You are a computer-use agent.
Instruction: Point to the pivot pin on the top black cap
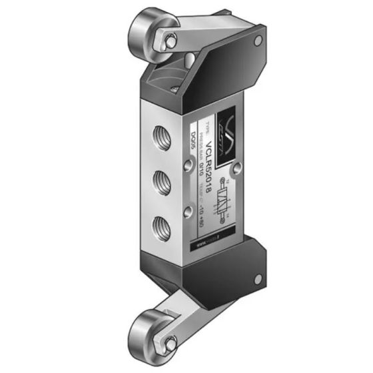(257, 41)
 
